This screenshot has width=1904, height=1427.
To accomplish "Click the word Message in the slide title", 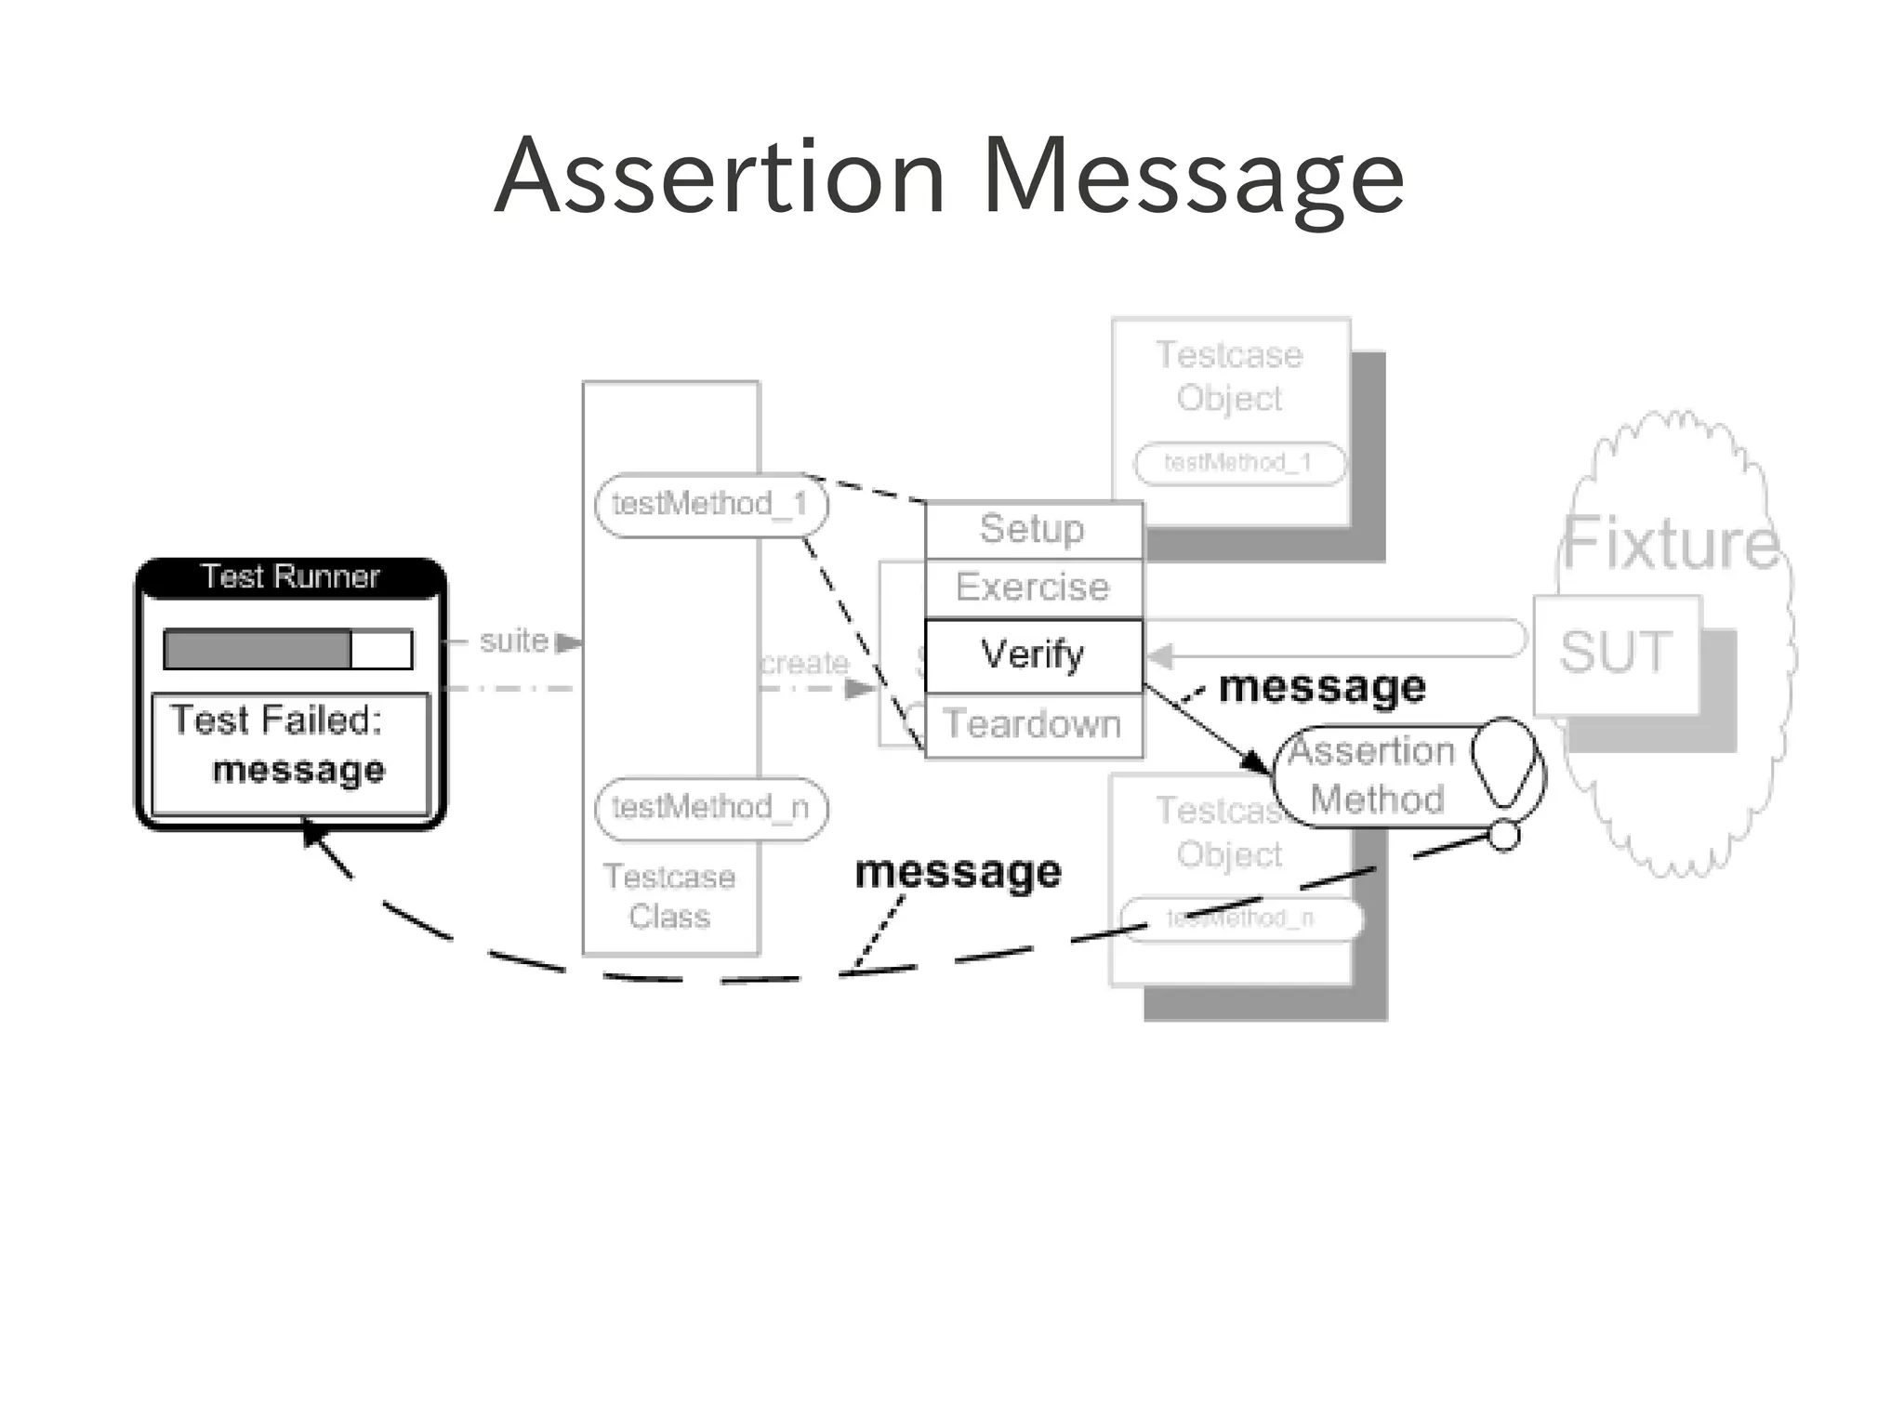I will click(1193, 177).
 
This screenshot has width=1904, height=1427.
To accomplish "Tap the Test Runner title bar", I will click(290, 577).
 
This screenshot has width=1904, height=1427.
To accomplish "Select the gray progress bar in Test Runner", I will click(258, 649).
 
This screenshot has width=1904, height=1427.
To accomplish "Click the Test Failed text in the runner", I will click(276, 720).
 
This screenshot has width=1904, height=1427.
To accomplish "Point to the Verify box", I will click(1033, 655).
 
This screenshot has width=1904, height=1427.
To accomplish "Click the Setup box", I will click(1033, 530).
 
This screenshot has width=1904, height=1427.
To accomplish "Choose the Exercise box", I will click(1033, 588).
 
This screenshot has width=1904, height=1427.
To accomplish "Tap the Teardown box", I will click(1033, 724).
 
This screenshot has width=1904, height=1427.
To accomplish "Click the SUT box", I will click(1616, 653).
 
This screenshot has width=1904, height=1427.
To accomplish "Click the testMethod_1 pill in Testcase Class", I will click(710, 505).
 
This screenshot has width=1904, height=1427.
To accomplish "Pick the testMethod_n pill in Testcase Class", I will click(710, 808).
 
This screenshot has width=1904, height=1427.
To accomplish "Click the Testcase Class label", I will click(669, 896).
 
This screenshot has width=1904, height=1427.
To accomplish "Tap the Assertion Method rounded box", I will click(1376, 775).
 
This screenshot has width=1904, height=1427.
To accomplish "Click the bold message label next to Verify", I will click(1321, 688).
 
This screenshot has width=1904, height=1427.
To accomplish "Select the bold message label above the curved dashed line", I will click(958, 872).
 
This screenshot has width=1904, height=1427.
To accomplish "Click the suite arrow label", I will click(514, 641).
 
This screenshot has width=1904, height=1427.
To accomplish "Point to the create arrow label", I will click(805, 664).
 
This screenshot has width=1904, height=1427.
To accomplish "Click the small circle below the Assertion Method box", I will click(1503, 836).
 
